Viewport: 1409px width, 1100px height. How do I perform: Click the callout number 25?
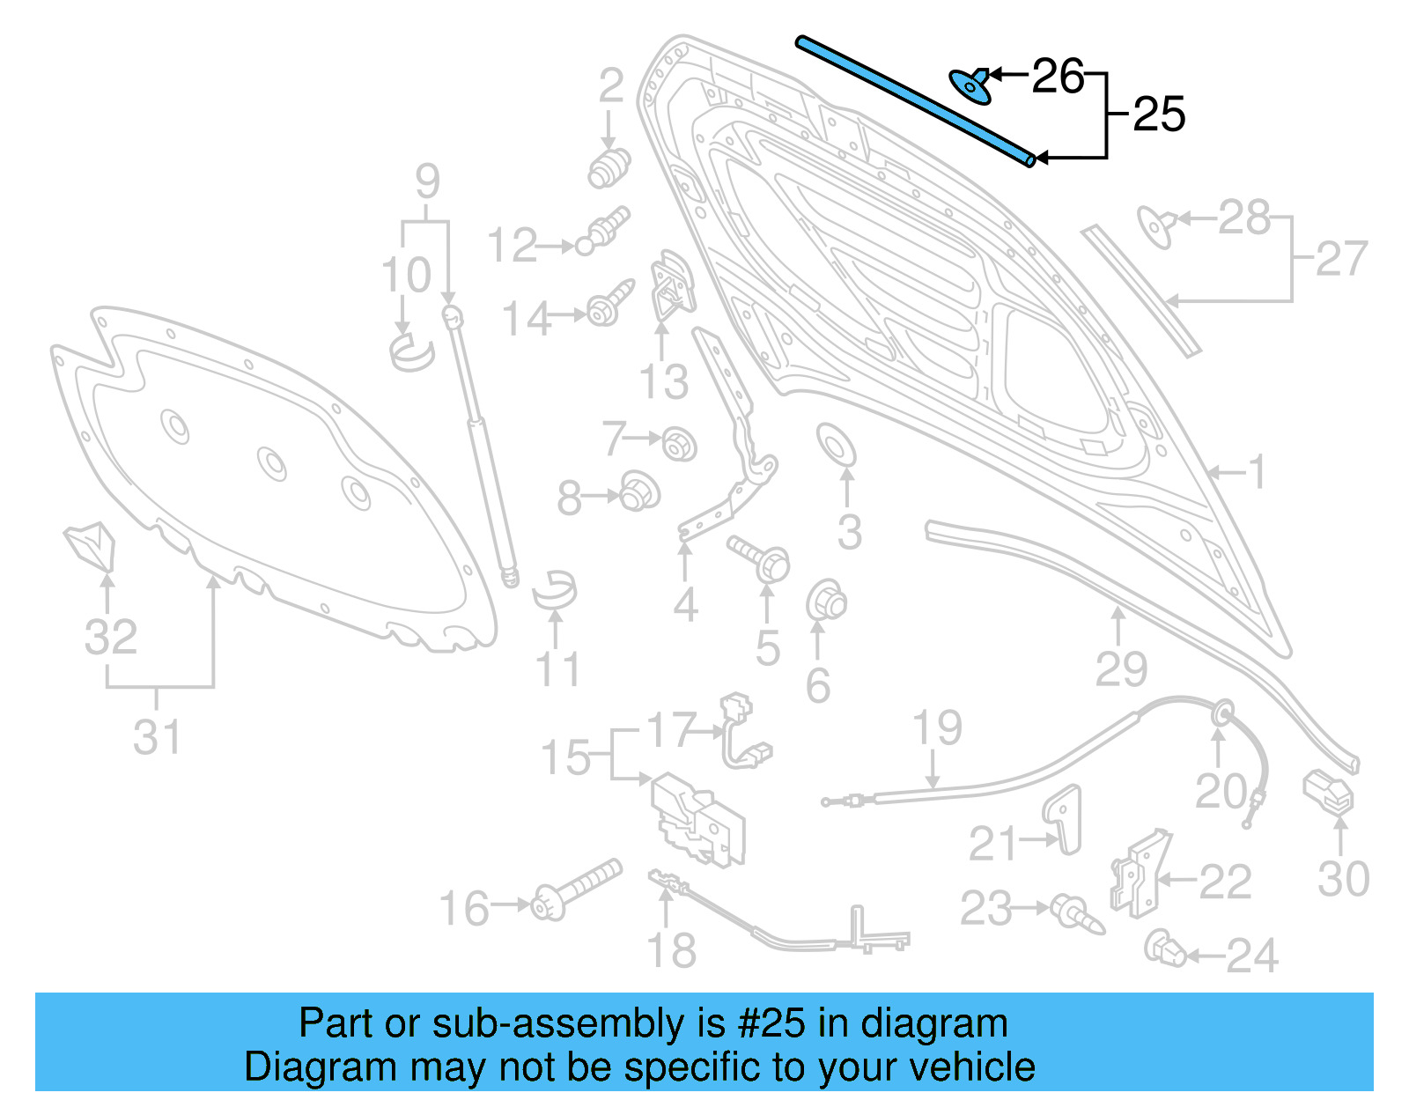[1159, 114]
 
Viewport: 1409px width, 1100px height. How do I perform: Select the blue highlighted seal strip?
[916, 101]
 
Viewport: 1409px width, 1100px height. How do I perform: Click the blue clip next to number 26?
[970, 85]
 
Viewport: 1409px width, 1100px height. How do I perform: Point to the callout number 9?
[427, 181]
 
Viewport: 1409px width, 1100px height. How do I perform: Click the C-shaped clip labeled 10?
[411, 351]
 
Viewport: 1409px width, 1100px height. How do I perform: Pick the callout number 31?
[157, 737]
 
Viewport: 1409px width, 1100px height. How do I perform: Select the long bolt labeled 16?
[577, 890]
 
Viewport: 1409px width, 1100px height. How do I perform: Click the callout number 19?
[937, 728]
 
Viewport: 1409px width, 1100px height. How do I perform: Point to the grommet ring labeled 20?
[1221, 713]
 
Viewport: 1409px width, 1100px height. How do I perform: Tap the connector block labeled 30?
[1328, 791]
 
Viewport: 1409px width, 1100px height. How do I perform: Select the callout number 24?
[1251, 956]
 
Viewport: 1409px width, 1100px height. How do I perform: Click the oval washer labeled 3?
[836, 445]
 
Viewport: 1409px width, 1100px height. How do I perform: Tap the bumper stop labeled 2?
[609, 166]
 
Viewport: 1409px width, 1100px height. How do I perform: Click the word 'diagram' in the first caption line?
[933, 1023]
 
